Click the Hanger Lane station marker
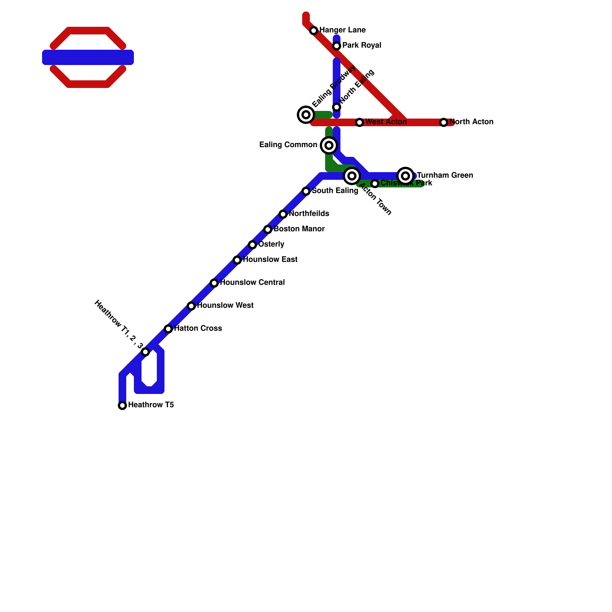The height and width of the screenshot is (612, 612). (314, 31)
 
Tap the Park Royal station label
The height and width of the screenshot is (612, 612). (361, 46)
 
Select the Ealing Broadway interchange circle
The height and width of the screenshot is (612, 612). (306, 114)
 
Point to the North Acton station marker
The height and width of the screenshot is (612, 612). (444, 122)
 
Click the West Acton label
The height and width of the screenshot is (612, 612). (386, 122)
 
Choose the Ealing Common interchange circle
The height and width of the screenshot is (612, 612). (329, 145)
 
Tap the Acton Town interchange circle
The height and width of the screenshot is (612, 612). (352, 176)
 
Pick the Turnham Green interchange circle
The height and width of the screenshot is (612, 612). (405, 176)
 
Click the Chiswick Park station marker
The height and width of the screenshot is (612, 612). (375, 184)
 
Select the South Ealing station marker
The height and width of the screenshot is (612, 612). (306, 191)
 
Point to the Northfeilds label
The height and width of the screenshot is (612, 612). (309, 214)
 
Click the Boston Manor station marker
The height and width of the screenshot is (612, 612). (268, 229)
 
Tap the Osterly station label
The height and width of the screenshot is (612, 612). (271, 244)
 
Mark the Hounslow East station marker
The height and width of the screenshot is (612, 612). (237, 260)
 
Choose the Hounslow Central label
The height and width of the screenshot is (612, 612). (252, 283)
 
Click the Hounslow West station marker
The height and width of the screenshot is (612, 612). (191, 306)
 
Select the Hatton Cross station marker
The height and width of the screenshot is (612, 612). (168, 329)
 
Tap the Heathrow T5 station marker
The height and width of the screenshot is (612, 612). (122, 405)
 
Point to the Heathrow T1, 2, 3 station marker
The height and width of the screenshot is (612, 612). (145, 352)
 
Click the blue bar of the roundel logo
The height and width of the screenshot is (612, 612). (88, 57)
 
